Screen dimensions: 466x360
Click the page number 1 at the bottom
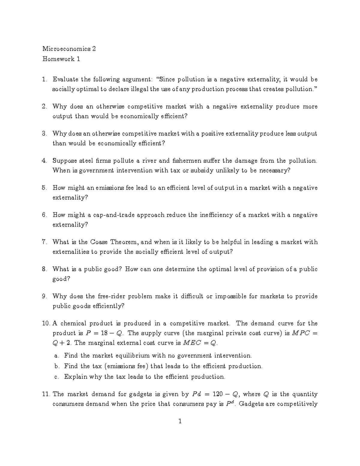(x=180, y=421)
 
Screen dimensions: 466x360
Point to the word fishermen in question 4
(x=187, y=161)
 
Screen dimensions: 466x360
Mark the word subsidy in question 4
(x=202, y=170)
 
